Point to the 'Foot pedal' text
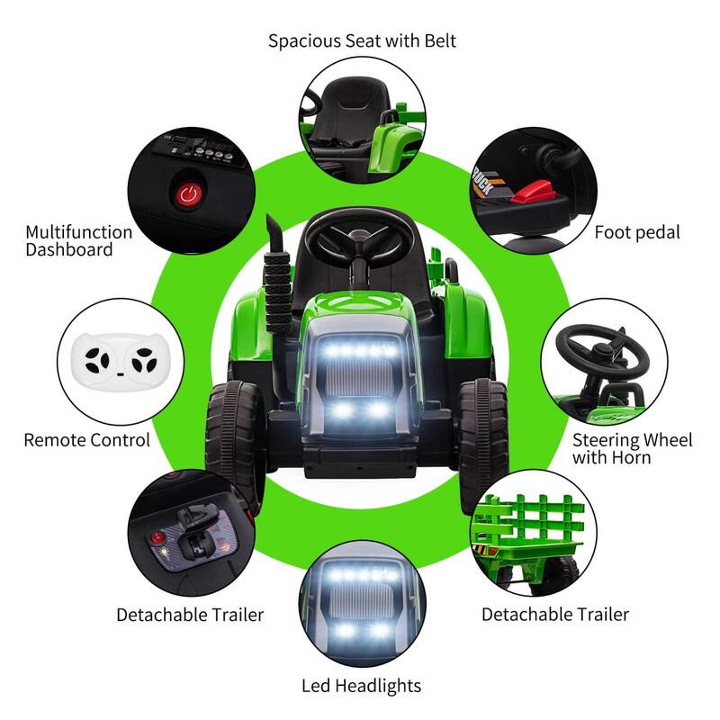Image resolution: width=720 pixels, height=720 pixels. tap(637, 232)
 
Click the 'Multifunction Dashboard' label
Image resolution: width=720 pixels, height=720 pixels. tap(78, 240)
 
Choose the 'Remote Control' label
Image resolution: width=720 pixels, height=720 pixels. tap(86, 440)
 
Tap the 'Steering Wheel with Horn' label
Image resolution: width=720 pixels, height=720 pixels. tap(633, 449)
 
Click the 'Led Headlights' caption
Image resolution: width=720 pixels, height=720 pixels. tap(361, 685)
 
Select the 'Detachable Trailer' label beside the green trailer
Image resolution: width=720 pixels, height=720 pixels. tap(554, 615)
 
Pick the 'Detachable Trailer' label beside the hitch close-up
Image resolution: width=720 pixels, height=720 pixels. tap(190, 615)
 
